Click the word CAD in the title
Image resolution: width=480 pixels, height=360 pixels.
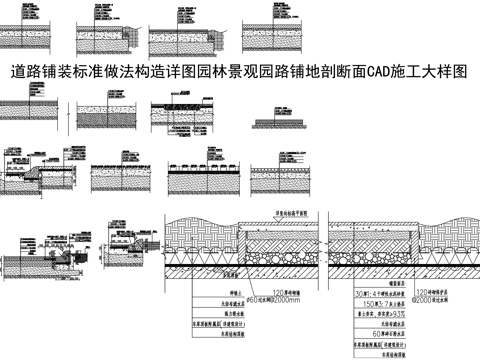[x=367, y=73]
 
